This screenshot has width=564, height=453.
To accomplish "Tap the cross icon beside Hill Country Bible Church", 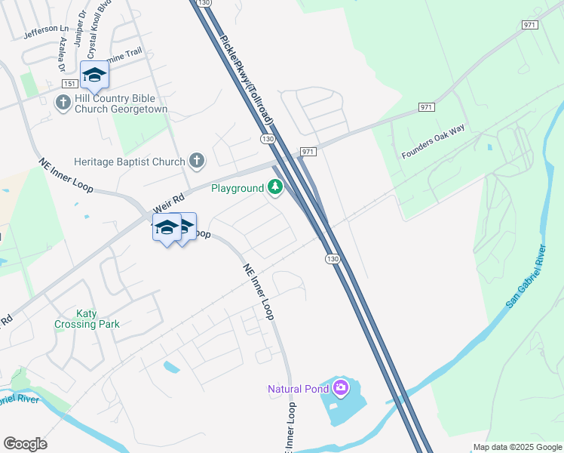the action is click(63, 102).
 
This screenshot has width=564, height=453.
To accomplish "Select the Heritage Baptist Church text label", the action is click(129, 162).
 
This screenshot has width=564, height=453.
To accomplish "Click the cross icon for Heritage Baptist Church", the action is click(196, 160).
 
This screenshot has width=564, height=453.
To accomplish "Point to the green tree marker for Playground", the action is click(275, 187).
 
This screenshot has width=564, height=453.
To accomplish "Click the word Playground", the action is click(237, 188).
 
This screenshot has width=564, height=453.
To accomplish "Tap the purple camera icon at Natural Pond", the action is click(341, 388).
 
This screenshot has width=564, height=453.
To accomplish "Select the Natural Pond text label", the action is click(299, 390).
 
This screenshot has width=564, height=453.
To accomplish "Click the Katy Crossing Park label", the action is click(87, 319).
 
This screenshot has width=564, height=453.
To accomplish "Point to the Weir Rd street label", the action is click(169, 203).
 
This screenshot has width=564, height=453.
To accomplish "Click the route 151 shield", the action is click(69, 84).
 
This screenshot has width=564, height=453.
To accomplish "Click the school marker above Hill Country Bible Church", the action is click(94, 75).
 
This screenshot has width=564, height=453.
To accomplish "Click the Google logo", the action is click(25, 444).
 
